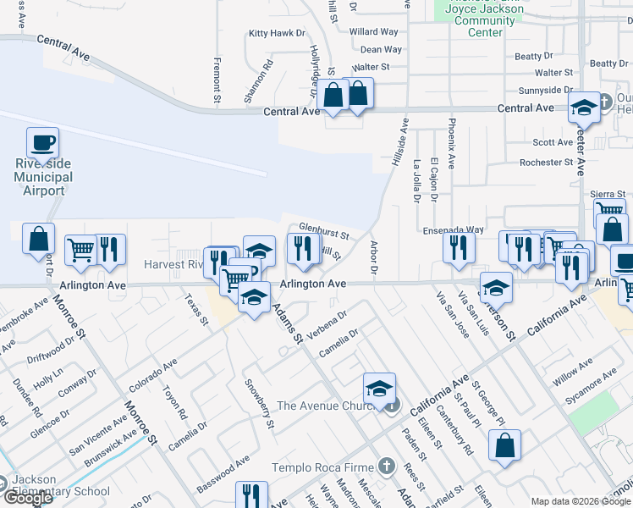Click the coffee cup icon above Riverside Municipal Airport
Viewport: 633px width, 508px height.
tap(42, 143)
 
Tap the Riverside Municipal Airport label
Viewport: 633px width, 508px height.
tap(43, 177)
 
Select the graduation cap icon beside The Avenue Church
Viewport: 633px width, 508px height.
tap(380, 389)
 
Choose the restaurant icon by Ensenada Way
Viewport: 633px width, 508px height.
tap(459, 248)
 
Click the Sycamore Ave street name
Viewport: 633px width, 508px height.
tap(594, 389)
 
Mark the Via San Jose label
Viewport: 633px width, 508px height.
tap(451, 315)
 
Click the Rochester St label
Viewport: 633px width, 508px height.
tap(546, 163)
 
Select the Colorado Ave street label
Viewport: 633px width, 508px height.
tap(153, 375)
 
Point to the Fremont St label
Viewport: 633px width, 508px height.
tap(217, 80)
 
